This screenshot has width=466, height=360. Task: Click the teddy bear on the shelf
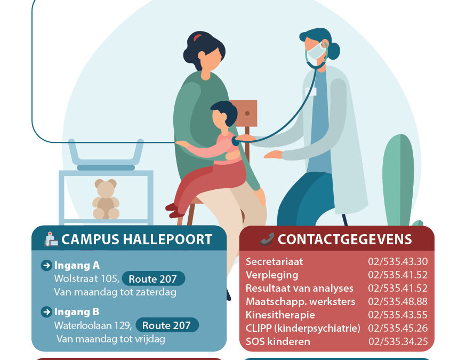(106, 199)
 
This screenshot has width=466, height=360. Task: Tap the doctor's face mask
(317, 51)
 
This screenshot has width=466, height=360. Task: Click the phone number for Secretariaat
(398, 261)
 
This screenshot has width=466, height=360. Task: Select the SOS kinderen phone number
(398, 341)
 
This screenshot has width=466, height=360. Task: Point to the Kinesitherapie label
(280, 315)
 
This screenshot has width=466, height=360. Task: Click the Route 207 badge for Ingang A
(153, 278)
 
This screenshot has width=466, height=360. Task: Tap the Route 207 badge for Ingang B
(167, 325)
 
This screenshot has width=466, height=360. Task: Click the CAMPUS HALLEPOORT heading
(136, 239)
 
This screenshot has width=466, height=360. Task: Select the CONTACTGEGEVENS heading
(344, 239)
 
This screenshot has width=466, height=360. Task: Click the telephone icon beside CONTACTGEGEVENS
(267, 239)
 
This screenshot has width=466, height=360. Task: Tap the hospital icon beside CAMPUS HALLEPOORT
(51, 239)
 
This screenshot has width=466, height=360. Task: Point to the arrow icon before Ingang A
(46, 265)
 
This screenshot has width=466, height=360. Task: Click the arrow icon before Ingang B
(46, 311)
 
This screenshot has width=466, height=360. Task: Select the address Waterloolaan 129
(92, 325)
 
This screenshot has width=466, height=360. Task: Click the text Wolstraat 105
(86, 278)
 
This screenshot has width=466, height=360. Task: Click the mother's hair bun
(198, 38)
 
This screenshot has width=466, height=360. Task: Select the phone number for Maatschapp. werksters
(398, 301)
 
